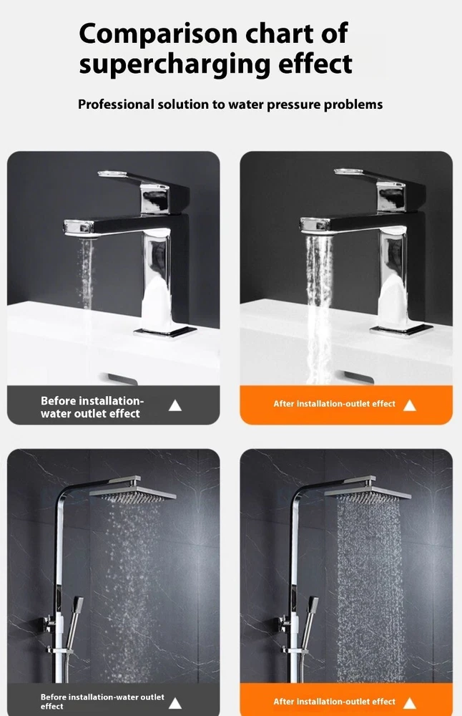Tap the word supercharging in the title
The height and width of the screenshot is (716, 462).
(175, 64)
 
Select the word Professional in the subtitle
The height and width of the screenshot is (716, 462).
(116, 105)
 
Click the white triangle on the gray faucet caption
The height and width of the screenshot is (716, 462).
(175, 405)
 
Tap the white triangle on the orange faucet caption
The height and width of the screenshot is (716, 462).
(410, 405)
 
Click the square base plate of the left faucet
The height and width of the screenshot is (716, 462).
(165, 332)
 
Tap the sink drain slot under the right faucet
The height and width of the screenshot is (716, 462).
(358, 377)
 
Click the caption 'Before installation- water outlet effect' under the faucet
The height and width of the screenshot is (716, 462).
(92, 407)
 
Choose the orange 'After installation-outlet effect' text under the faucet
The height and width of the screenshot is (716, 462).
(334, 404)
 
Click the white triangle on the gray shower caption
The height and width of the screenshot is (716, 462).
(175, 703)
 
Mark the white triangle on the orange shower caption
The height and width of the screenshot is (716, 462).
(410, 703)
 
